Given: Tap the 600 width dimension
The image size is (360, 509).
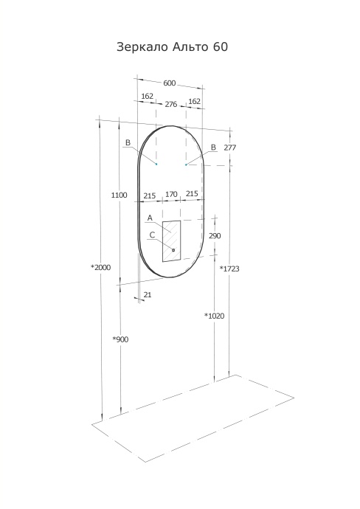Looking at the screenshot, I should [170, 83].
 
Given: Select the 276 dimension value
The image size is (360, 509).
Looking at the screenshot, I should [170, 105].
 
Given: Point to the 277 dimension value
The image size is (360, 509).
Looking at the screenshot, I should [229, 148].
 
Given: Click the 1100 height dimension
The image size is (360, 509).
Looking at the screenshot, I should [119, 195].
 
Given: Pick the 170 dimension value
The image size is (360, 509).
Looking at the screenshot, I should [171, 195].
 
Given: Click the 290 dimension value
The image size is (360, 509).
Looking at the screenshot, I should [215, 236].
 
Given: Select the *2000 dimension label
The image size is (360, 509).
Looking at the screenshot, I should [100, 267].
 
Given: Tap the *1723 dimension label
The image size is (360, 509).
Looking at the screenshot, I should [229, 269].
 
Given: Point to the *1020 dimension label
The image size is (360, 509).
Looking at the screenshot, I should [214, 316].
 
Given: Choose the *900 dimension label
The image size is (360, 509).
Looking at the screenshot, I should [120, 339].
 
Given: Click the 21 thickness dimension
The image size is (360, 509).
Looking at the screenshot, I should [148, 295].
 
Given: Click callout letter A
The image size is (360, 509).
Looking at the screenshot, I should [150, 218].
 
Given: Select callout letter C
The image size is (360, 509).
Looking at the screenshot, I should [151, 235].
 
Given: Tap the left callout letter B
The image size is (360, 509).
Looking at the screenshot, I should [128, 142].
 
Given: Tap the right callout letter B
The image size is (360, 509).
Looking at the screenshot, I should [213, 148].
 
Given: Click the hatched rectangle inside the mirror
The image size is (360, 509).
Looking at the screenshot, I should [172, 240].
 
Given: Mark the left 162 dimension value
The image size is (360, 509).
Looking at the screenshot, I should [147, 97].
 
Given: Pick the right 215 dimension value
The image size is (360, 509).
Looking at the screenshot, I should [192, 195].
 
